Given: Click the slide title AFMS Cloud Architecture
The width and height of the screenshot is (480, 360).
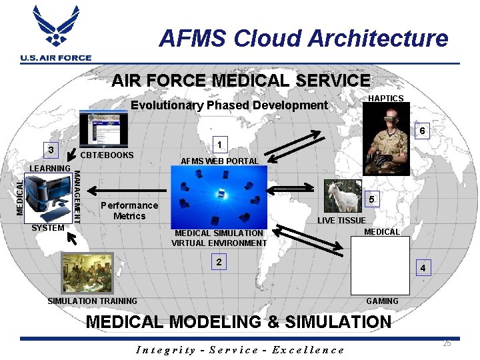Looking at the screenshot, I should pos(303,39).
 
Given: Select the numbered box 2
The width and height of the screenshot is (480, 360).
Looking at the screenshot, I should pos(219,261).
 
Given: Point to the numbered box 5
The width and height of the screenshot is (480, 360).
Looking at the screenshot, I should pos(374,199).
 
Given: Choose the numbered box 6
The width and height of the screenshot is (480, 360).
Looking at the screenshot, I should pos(422,131).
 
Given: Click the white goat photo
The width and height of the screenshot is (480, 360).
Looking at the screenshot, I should pos(343,197).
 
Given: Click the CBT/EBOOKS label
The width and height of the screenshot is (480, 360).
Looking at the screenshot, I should pos(107,155).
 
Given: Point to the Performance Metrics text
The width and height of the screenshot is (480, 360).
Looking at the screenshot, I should pos(129,211).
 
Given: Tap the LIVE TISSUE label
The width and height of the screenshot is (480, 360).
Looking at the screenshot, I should pos(341,221).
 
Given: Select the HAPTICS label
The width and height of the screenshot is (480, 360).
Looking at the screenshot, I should pos(386,99).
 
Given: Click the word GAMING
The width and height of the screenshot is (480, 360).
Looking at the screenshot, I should pos(382,301).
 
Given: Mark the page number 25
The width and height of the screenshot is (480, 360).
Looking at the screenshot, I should pos(447,343).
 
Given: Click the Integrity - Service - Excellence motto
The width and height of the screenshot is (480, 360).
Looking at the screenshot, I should pos(240,350).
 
